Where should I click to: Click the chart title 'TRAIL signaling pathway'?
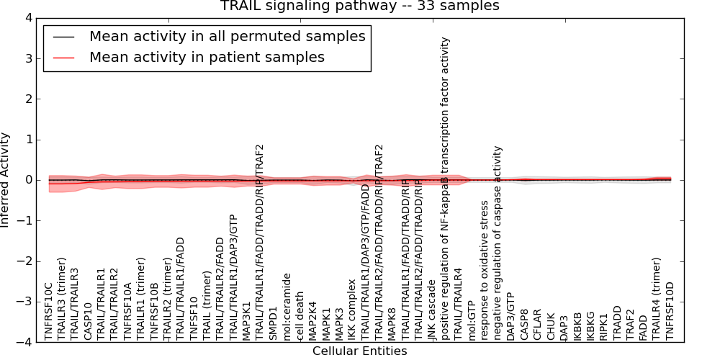(x=359, y=6)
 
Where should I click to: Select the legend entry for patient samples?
(x=207, y=57)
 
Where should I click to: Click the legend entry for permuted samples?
(x=227, y=35)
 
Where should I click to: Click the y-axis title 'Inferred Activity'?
(x=6, y=180)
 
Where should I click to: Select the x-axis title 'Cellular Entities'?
(x=359, y=351)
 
